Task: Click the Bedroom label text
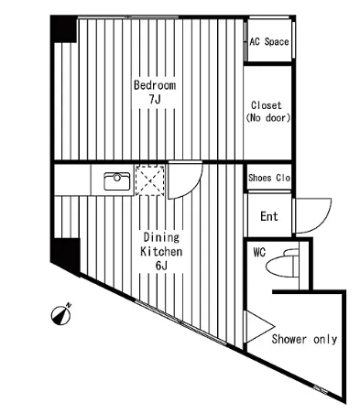155,85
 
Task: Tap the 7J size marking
155,100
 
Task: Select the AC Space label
269,41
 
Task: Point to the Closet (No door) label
267,112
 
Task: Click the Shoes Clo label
269,178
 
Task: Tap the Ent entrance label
269,216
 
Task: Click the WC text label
259,253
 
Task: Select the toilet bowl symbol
282,263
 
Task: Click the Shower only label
304,339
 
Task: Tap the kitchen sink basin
117,181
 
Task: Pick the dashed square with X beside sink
150,180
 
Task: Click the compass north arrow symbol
61,314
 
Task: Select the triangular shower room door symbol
259,327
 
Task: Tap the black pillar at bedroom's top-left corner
63,29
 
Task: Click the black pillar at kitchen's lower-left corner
65,256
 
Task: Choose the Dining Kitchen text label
161,245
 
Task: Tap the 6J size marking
161,266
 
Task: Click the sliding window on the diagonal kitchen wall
180,323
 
